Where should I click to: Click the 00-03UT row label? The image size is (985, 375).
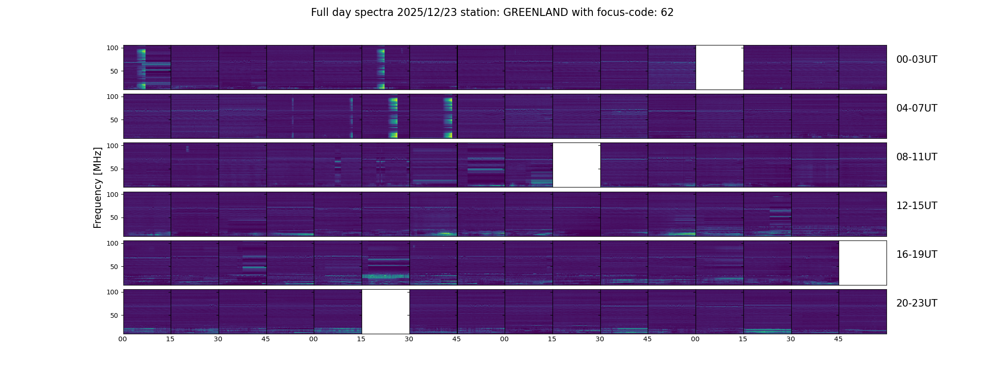917,60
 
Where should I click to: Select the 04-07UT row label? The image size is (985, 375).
917,108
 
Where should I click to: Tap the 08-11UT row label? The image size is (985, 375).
917,157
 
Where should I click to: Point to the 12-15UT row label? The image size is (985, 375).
917,206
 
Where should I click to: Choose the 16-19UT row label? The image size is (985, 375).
917,255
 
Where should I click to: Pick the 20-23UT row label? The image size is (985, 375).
917,303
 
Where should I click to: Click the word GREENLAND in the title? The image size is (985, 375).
536,13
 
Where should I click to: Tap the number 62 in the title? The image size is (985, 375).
667,13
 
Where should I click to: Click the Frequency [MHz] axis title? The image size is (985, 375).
98,187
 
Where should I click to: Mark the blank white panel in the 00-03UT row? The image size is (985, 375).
719,67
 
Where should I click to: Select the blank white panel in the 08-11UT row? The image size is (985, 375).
576,165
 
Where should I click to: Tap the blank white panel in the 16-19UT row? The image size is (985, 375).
862,262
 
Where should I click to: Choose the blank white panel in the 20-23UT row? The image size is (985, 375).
386,311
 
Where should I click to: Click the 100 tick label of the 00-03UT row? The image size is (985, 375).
113,48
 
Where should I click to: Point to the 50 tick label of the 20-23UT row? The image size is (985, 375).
114,315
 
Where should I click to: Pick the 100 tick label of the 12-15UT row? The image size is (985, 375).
113,194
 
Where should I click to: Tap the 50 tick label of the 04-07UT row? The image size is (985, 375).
114,120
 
